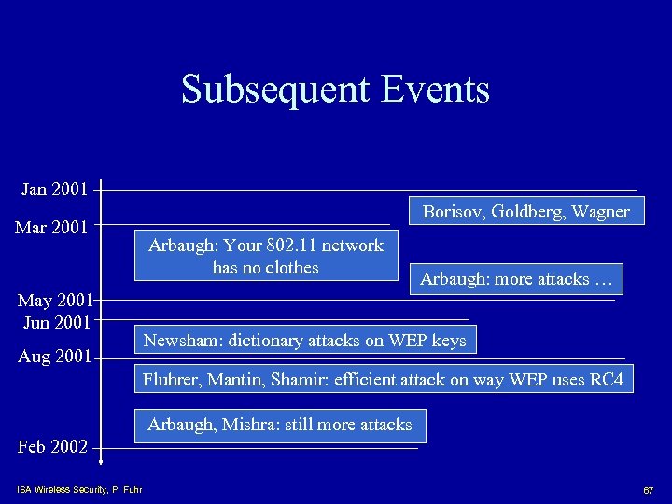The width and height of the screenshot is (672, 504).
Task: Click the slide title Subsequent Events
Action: pyautogui.click(x=335, y=90)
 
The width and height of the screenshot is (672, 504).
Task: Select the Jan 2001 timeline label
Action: pyautogui.click(x=54, y=189)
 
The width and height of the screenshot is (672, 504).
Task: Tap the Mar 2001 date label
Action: pyautogui.click(x=52, y=227)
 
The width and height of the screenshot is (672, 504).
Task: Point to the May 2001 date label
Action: pyautogui.click(x=55, y=301)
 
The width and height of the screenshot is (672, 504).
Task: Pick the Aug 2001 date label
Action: pyautogui.click(x=55, y=357)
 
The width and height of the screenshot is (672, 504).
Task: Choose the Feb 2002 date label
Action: pyautogui.click(x=52, y=446)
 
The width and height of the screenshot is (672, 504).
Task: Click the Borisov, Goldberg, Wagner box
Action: pyautogui.click(x=525, y=212)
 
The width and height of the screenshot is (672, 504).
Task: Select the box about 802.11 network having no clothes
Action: pyautogui.click(x=265, y=257)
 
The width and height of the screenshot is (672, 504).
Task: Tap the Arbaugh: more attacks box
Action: pyautogui.click(x=516, y=278)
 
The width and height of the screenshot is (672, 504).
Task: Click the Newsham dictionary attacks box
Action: pyautogui.click(x=304, y=341)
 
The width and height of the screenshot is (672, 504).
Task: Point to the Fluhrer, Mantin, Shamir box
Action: pyautogui.click(x=383, y=379)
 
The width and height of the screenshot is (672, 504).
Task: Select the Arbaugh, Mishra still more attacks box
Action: pyautogui.click(x=279, y=425)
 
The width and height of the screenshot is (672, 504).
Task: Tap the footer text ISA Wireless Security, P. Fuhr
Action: pyautogui.click(x=79, y=489)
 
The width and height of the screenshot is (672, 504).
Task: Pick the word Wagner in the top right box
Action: pyautogui.click(x=601, y=212)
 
